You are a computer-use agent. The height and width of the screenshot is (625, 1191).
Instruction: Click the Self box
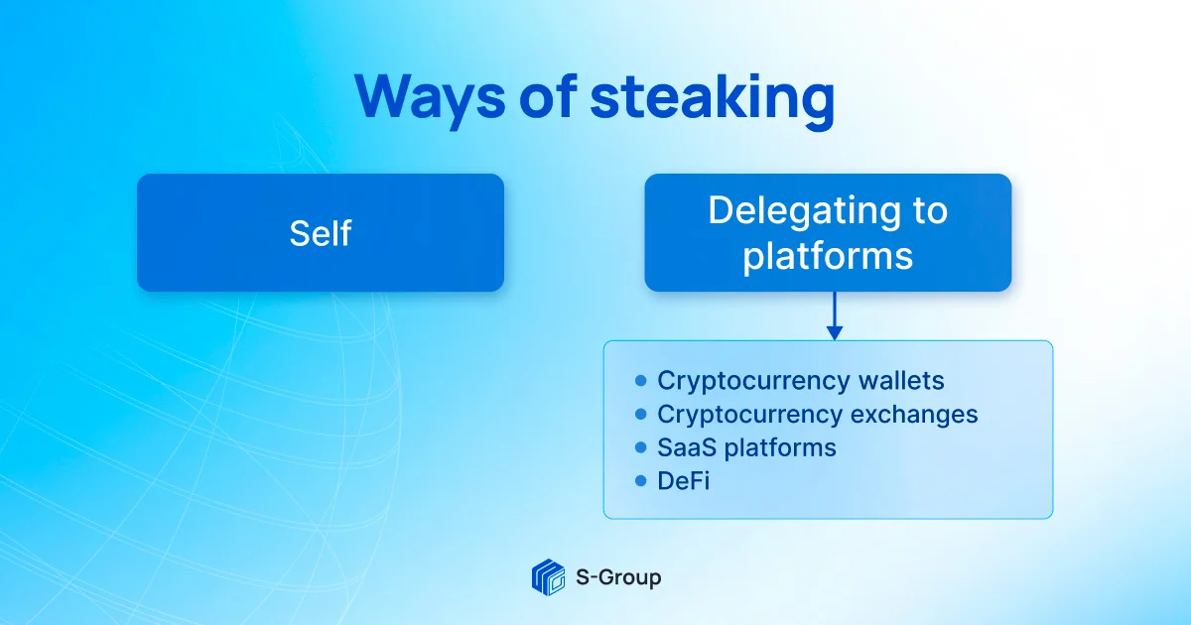(x=320, y=233)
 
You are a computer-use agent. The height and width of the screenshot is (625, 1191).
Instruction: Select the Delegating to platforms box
(x=828, y=233)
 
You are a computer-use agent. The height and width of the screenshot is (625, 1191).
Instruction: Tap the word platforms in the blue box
(x=828, y=256)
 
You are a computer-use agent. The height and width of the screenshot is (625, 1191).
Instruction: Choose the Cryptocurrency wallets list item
(x=800, y=381)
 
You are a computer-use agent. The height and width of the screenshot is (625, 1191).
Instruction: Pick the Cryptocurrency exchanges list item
(x=817, y=415)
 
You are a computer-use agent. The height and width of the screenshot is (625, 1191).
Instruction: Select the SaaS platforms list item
(x=746, y=447)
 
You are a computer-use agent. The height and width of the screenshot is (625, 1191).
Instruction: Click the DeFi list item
(x=683, y=481)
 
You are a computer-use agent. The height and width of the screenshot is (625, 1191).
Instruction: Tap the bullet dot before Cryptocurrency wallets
(x=639, y=381)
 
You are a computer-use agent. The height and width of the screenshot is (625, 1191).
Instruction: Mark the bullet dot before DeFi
(x=639, y=481)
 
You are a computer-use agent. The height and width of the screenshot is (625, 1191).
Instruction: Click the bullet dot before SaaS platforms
(x=639, y=447)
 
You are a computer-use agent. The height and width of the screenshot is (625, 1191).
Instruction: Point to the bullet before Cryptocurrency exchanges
(x=639, y=415)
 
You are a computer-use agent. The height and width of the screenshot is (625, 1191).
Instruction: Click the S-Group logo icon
(x=548, y=576)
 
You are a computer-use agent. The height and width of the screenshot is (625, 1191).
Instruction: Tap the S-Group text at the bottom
(x=618, y=576)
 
